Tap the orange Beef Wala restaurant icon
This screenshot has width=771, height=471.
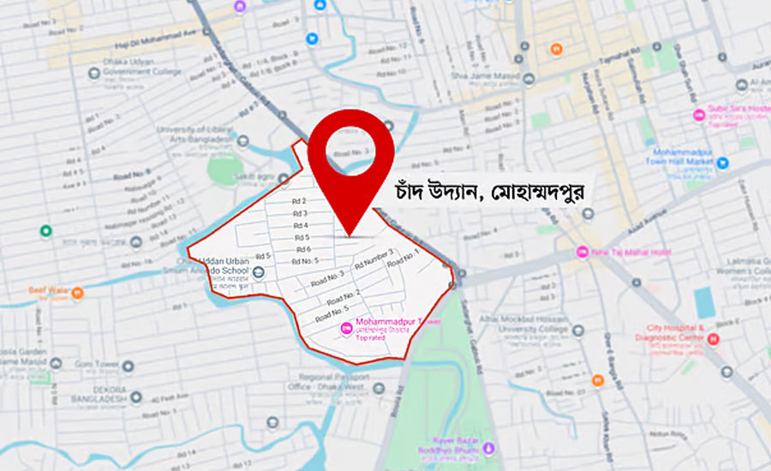pyautogui.click(x=77, y=294)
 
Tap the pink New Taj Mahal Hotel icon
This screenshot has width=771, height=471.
pyautogui.click(x=583, y=253)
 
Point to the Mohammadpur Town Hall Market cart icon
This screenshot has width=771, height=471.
pyautogui.click(x=723, y=162)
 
